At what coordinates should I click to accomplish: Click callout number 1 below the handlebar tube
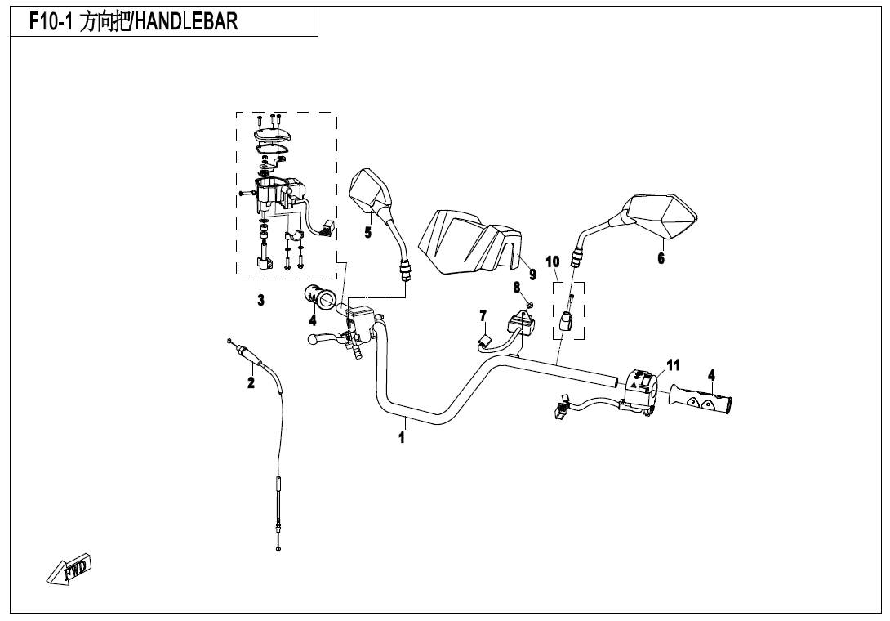tap(402, 437)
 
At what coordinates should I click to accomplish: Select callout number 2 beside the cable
tap(251, 382)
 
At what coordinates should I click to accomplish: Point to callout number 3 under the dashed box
tap(260, 299)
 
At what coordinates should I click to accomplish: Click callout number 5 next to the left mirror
tap(367, 232)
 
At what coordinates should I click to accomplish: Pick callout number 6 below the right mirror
tap(661, 258)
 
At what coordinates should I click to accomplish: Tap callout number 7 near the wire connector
tap(483, 315)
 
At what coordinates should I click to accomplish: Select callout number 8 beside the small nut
tap(517, 288)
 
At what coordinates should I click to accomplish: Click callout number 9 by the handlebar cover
tap(532, 275)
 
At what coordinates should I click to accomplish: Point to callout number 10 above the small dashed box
tap(552, 262)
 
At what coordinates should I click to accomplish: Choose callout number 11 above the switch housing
tap(673, 364)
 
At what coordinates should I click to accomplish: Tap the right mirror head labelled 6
tap(660, 217)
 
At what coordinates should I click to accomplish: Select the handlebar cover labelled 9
tap(470, 242)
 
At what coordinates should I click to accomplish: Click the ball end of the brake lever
tap(311, 340)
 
